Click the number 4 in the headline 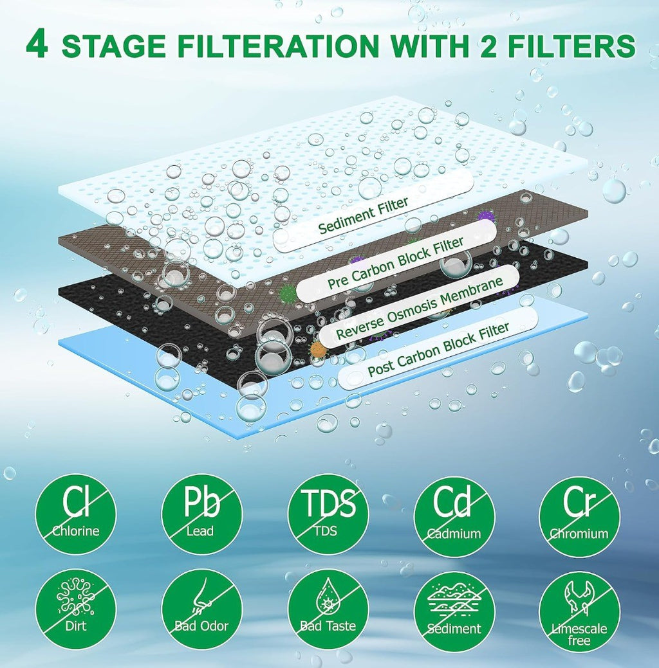coord(37,44)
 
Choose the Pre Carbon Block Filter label coord(395,263)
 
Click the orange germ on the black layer coord(318,350)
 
